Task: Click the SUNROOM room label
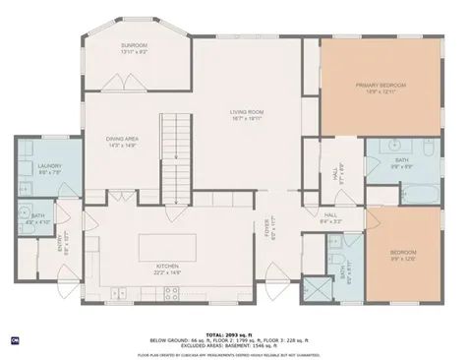134,45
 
